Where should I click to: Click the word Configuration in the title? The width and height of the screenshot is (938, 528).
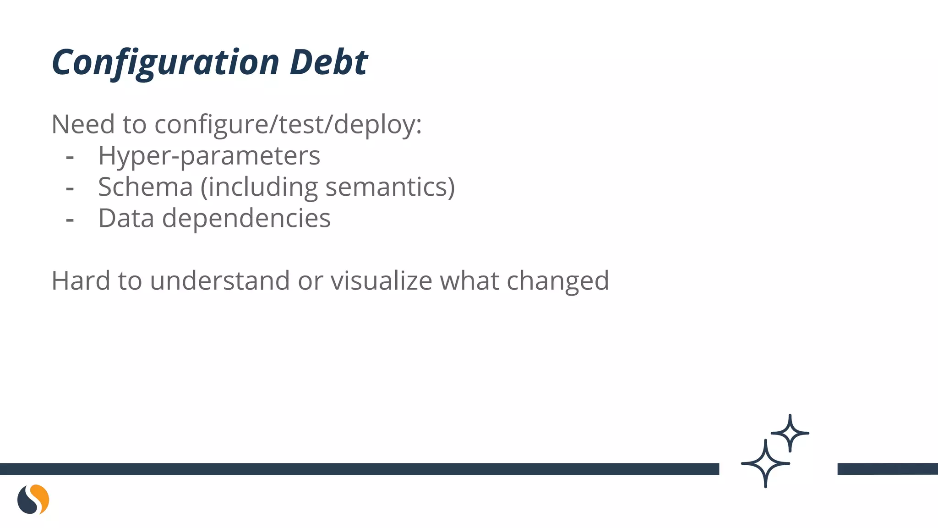165,62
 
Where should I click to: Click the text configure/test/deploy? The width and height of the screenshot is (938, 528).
288,125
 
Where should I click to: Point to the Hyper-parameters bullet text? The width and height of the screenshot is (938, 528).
209,156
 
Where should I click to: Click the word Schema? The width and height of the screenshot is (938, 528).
146,187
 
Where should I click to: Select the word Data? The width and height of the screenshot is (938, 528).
126,218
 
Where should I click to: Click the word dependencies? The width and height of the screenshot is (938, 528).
246,218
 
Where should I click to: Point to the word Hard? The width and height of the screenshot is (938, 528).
81,280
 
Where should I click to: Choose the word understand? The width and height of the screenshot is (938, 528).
220,280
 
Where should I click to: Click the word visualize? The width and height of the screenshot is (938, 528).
381,280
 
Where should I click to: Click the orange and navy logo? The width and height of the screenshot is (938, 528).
33,499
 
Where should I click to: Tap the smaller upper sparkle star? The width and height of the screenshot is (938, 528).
790,433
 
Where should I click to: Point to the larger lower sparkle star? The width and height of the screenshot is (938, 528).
765,463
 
